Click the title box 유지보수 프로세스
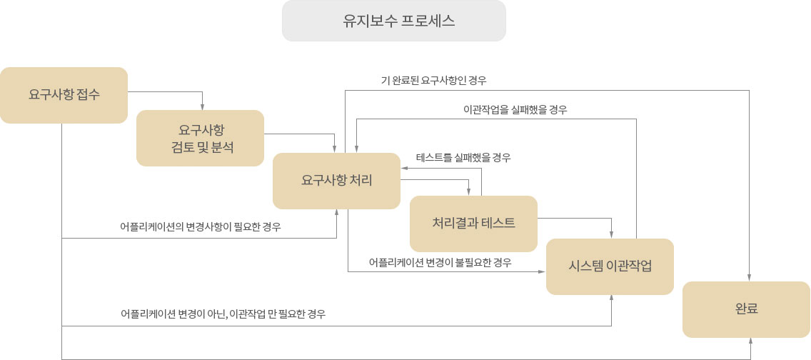[393, 21]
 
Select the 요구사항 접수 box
[64, 95]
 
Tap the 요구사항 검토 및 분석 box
[200, 138]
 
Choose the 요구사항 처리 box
[337, 181]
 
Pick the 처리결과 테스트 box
[474, 224]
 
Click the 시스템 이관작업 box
[610, 267]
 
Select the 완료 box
[746, 310]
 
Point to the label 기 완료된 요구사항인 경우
[433, 81]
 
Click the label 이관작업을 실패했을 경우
[515, 110]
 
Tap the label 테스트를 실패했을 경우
[463, 158]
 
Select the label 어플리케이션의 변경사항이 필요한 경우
[201, 226]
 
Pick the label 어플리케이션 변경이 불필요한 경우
[440, 263]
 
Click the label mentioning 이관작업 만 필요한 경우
[223, 314]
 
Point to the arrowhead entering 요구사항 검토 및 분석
[202, 107]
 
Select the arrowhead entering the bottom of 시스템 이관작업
[612, 299]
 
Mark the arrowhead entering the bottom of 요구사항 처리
[337, 213]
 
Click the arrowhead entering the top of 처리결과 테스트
[468, 192]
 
